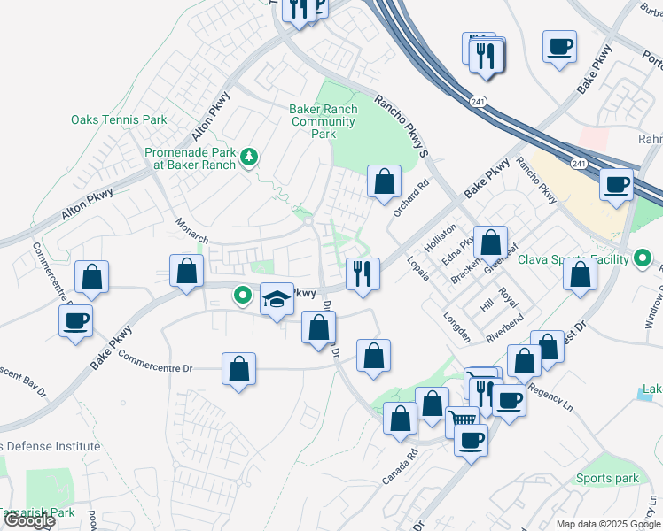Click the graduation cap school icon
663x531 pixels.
click(x=277, y=300)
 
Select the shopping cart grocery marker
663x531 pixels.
click(x=461, y=419)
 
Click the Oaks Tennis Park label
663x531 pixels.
click(x=119, y=119)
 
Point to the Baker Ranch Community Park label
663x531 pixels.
click(x=324, y=121)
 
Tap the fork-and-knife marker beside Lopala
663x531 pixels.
click(x=363, y=273)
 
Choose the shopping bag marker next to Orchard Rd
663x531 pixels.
click(x=383, y=182)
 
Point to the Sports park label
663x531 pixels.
click(x=606, y=479)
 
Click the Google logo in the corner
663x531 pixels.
click(x=29, y=520)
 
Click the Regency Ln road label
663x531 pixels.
click(x=550, y=396)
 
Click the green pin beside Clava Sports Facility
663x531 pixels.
click(x=645, y=259)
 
